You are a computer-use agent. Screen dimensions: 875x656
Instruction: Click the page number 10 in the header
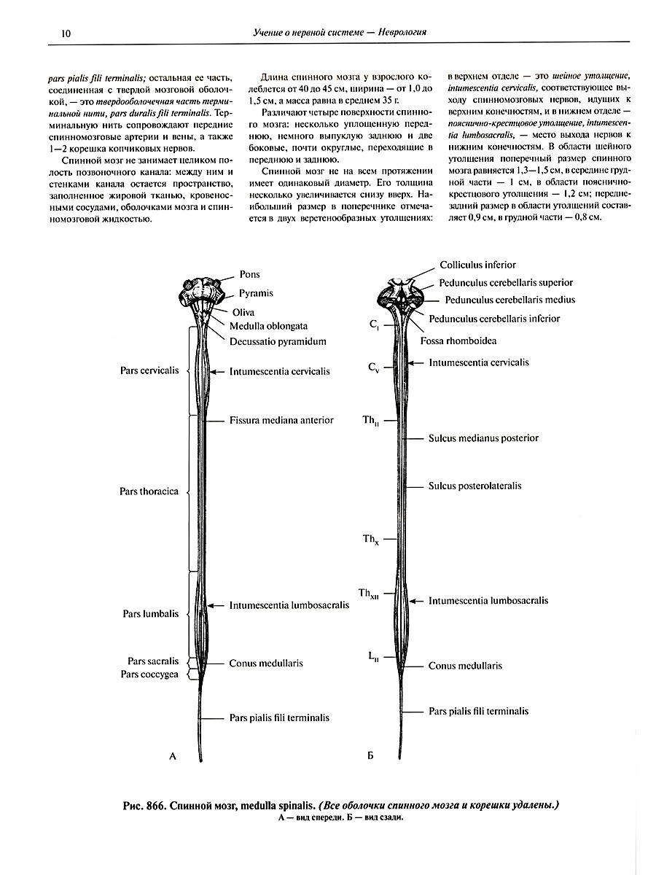tap(66, 33)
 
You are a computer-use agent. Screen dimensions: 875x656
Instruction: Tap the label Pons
tap(250, 275)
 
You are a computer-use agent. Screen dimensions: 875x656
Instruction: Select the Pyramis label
tap(256, 293)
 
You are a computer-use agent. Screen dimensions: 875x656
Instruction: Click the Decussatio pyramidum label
tap(278, 341)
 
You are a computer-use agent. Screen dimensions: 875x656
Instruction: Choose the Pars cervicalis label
tap(149, 370)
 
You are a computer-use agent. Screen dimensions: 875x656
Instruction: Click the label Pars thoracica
tap(149, 491)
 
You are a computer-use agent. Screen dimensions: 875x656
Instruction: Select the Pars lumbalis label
tap(150, 614)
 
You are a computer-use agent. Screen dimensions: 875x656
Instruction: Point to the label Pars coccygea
tap(149, 674)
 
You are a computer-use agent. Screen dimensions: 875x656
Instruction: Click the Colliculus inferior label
tap(477, 265)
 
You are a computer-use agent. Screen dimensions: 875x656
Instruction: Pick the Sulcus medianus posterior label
tap(483, 438)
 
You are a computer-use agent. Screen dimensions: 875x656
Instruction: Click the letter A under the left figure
tap(173, 757)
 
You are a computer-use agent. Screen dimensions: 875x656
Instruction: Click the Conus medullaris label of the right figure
tap(465, 666)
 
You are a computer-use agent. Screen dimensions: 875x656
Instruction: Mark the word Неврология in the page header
tap(399, 33)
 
